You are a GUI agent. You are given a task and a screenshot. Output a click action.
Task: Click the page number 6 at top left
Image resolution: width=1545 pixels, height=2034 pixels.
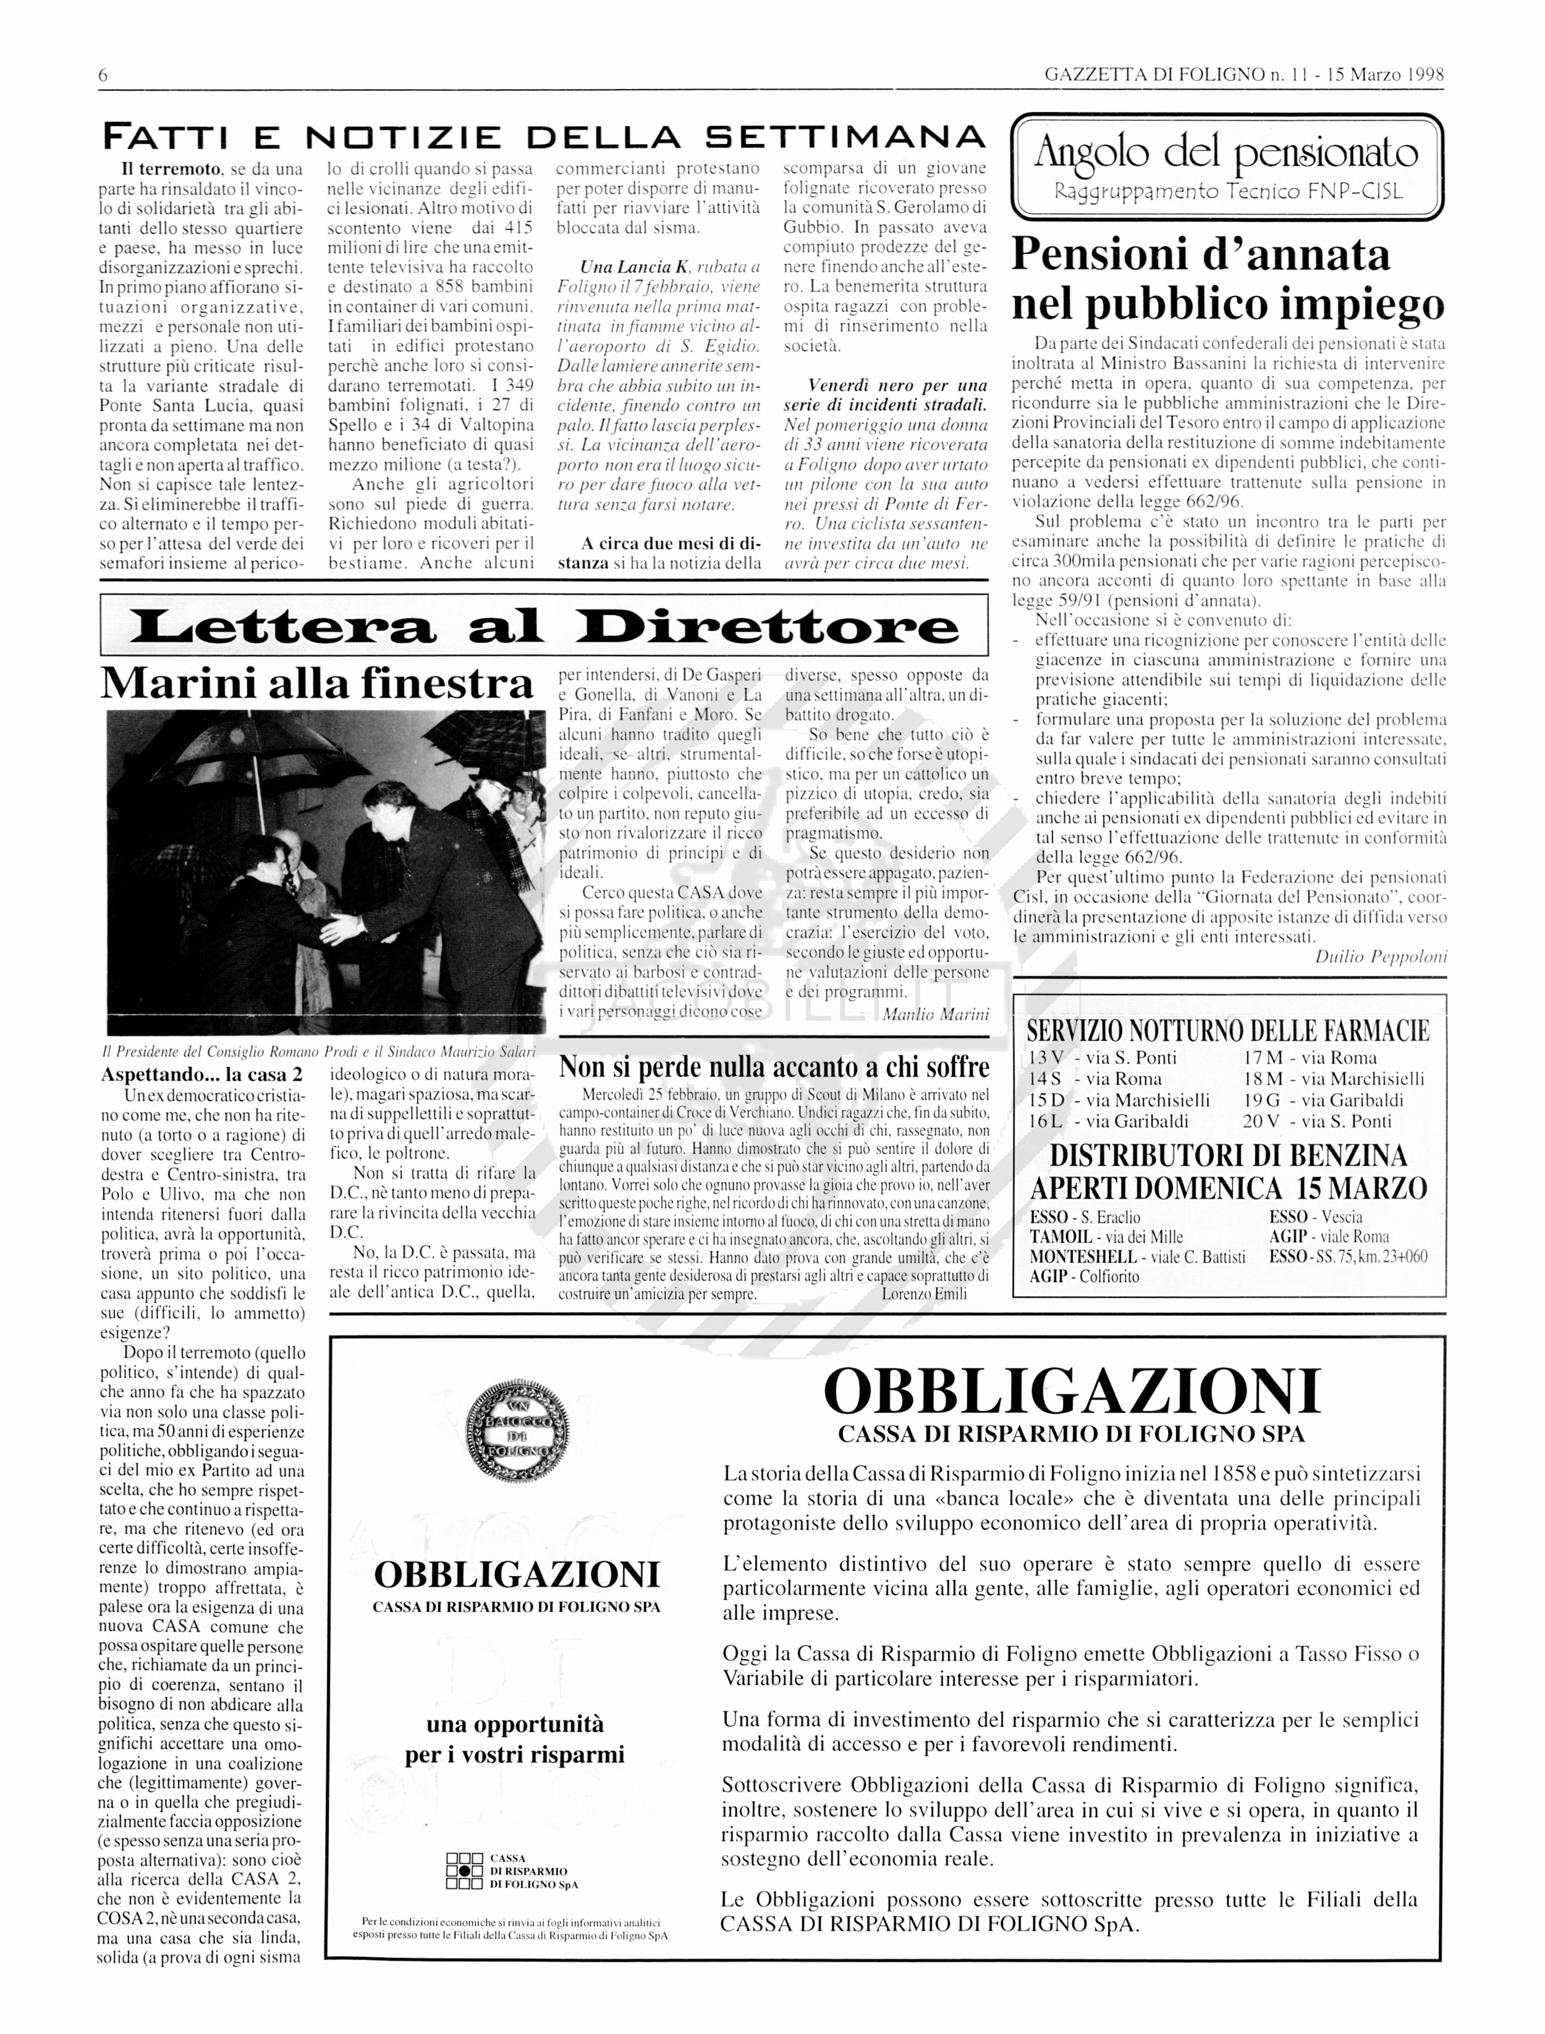(103, 75)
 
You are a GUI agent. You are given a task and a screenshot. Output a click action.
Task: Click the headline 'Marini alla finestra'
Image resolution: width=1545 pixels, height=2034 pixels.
(317, 683)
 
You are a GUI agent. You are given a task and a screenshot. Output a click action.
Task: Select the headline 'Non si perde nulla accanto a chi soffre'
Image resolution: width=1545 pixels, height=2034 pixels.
(774, 1067)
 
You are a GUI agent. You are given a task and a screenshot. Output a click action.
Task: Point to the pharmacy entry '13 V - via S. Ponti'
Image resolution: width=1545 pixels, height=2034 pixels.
(1103, 1058)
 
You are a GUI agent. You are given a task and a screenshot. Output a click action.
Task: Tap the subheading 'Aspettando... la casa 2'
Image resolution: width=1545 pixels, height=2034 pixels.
(201, 1074)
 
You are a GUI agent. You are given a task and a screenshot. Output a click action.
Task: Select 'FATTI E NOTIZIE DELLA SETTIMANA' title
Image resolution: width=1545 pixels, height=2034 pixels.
(543, 138)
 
